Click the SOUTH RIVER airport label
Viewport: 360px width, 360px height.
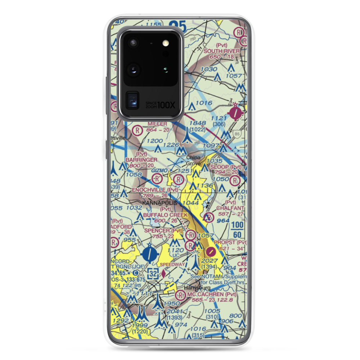tap(221, 51)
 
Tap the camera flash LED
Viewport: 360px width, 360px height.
tap(166, 43)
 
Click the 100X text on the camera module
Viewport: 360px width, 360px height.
tap(167, 105)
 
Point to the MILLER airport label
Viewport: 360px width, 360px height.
tap(157, 124)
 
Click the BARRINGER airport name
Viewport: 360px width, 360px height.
tap(141, 159)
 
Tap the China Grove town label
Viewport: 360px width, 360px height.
tap(193, 161)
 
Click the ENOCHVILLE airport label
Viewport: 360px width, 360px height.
tap(149, 190)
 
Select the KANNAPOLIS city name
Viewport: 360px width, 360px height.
tap(160, 203)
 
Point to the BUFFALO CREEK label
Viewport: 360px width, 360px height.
tap(165, 215)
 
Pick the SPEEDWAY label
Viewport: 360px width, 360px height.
tap(172, 264)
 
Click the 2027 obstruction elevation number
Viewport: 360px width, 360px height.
tap(210, 261)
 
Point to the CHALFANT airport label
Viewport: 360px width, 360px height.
tap(231, 208)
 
